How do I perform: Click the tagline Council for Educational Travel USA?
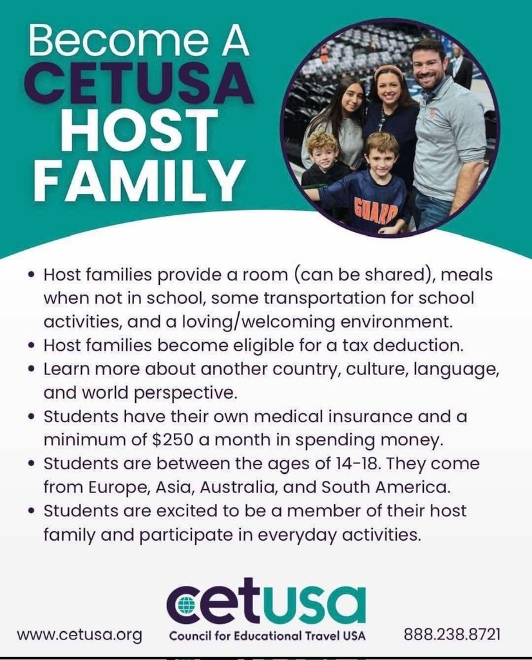click(x=267, y=636)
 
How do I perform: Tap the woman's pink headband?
click(x=388, y=70)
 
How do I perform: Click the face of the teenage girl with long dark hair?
click(x=352, y=98)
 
